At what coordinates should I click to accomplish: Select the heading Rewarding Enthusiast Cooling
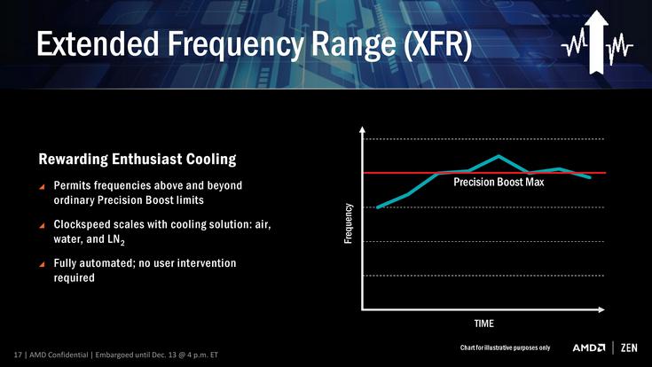[137, 160]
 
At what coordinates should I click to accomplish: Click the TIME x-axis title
[483, 323]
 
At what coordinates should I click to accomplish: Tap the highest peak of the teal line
[499, 156]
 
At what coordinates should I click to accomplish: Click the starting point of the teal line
[378, 207]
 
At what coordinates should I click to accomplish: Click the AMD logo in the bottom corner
[589, 347]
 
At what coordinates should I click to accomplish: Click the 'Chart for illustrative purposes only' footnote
[505, 347]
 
